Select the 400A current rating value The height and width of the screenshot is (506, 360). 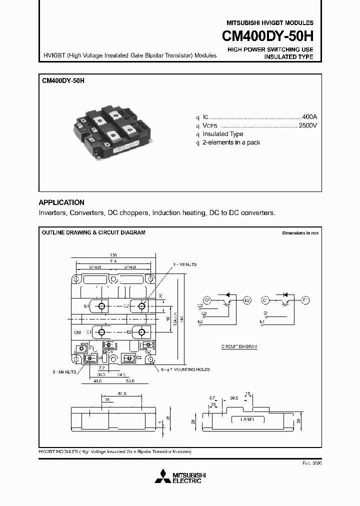tap(309, 115)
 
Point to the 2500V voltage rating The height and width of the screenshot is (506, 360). tap(307, 125)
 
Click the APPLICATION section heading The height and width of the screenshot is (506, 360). tap(61, 202)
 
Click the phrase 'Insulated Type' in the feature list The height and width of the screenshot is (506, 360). tap(222, 134)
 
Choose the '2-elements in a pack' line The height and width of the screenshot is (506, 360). tap(231, 142)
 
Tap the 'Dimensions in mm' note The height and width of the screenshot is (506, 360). tap(299, 233)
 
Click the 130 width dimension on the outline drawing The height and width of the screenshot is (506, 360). tap(114, 254)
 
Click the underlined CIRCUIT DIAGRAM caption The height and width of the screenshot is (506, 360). tap(239, 346)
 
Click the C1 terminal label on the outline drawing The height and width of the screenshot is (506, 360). tap(88, 331)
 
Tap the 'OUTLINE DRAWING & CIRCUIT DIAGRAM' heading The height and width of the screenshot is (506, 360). tap(93, 232)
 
